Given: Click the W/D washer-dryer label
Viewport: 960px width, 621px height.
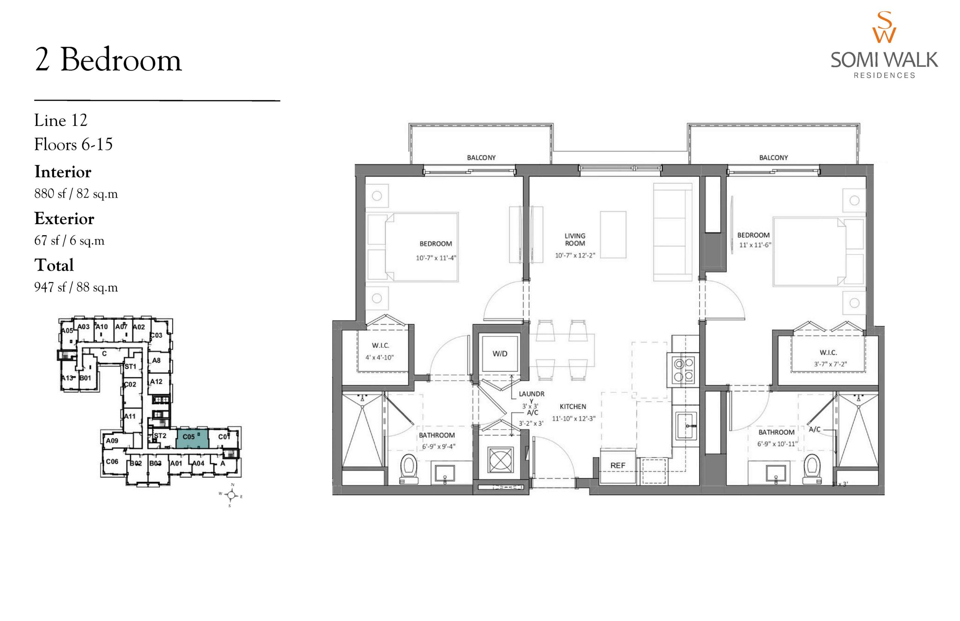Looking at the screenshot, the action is tap(499, 354).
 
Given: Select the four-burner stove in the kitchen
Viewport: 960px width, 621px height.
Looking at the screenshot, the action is tap(683, 370).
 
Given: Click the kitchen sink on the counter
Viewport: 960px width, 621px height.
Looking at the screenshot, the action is tap(686, 425).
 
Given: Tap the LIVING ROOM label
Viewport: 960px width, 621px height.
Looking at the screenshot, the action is tap(574, 240).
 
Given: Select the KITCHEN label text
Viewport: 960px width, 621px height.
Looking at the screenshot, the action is tap(573, 406).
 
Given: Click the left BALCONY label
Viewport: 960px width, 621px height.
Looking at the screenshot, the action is tap(481, 157).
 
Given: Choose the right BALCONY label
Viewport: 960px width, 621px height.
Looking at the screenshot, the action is tap(773, 157).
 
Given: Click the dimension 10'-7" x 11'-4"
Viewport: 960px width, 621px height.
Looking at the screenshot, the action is tap(436, 258).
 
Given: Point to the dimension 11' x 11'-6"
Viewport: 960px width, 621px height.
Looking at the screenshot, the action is tap(755, 245).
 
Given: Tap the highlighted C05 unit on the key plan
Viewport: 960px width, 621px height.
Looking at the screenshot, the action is tap(192, 438).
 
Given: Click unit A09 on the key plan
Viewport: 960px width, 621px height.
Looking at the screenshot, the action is tap(112, 441).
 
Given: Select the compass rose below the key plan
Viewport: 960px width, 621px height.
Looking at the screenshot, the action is tap(231, 495).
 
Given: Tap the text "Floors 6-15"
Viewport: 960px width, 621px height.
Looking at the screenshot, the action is tap(73, 144).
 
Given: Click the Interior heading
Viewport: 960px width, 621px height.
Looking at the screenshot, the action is tap(63, 172).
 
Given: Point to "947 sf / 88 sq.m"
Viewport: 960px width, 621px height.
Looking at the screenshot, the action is tap(76, 287).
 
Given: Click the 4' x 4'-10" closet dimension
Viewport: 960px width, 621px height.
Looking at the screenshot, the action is tap(379, 357).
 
